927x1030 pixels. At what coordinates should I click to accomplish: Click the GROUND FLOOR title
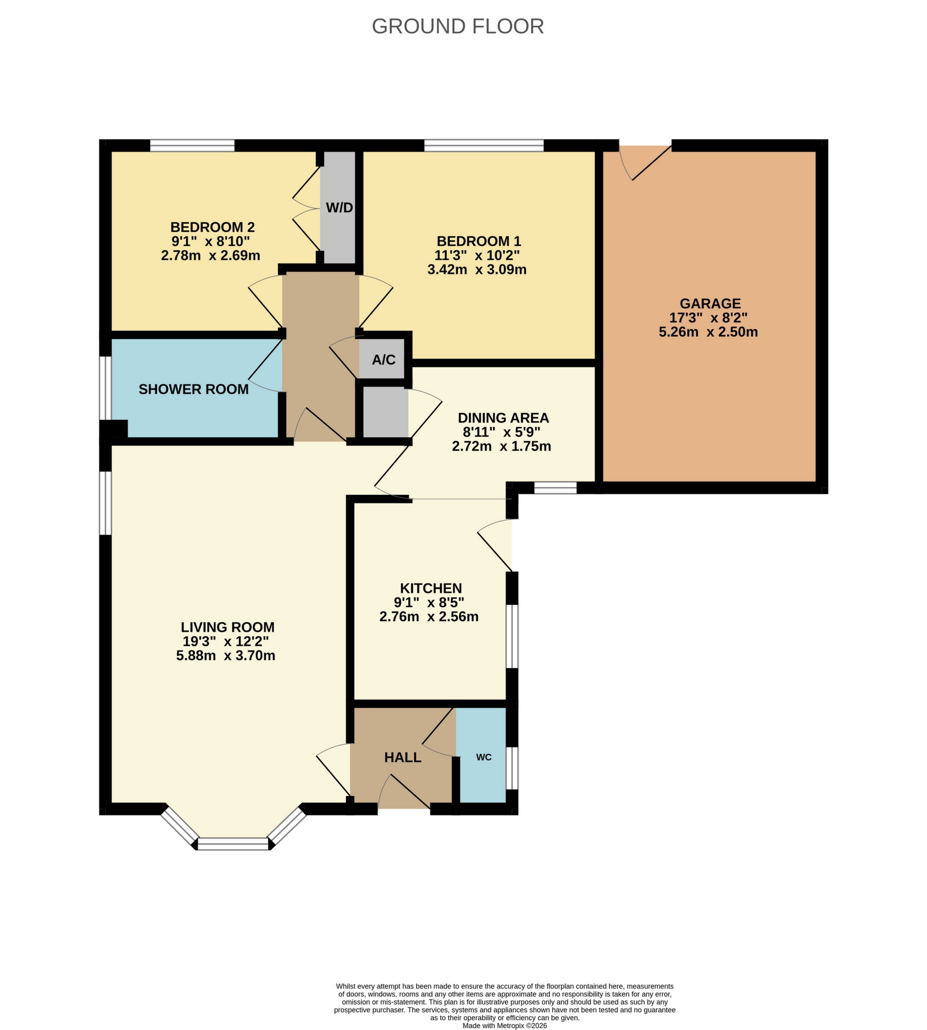pos(457,27)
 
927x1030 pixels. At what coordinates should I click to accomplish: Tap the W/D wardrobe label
pos(339,208)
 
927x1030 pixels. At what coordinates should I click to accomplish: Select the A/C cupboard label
pos(384,360)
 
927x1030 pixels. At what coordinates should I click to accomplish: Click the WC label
pos(483,758)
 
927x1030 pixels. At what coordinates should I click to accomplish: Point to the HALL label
pos(402,758)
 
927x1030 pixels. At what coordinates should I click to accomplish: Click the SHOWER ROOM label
pos(194,389)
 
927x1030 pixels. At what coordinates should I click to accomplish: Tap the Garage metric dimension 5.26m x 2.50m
pos(708,332)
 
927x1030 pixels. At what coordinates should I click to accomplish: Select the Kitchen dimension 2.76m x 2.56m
pos(429,617)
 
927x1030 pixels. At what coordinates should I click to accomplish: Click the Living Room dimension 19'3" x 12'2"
pos(226,641)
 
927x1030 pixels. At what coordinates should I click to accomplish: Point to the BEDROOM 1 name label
pos(479,241)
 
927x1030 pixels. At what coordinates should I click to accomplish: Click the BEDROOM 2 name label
pos(212,227)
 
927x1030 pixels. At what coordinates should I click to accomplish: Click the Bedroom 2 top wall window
pos(192,146)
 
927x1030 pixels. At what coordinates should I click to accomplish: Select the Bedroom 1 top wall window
pos(484,146)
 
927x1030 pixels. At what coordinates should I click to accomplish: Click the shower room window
pos(105,388)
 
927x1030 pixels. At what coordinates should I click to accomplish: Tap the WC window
pos(512,768)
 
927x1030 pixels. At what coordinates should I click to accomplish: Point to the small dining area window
pos(555,488)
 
